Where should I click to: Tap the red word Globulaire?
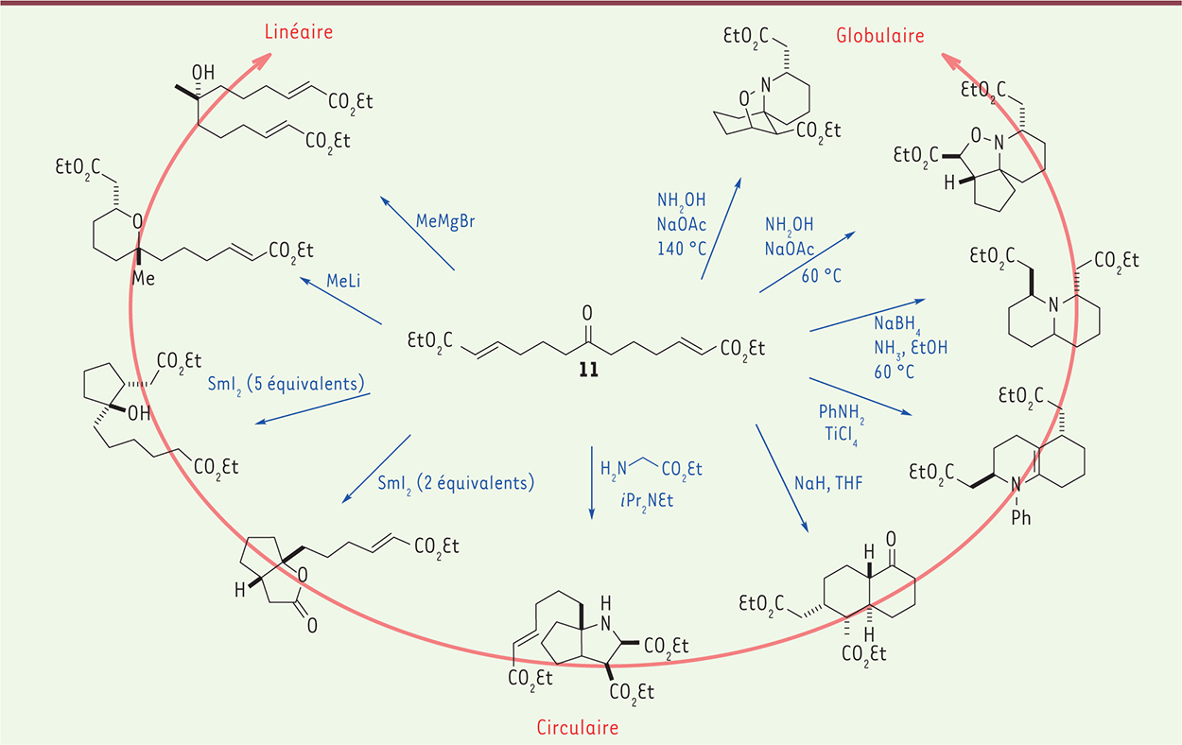pyautogui.click(x=880, y=36)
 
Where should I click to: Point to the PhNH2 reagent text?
pyautogui.click(x=843, y=411)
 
